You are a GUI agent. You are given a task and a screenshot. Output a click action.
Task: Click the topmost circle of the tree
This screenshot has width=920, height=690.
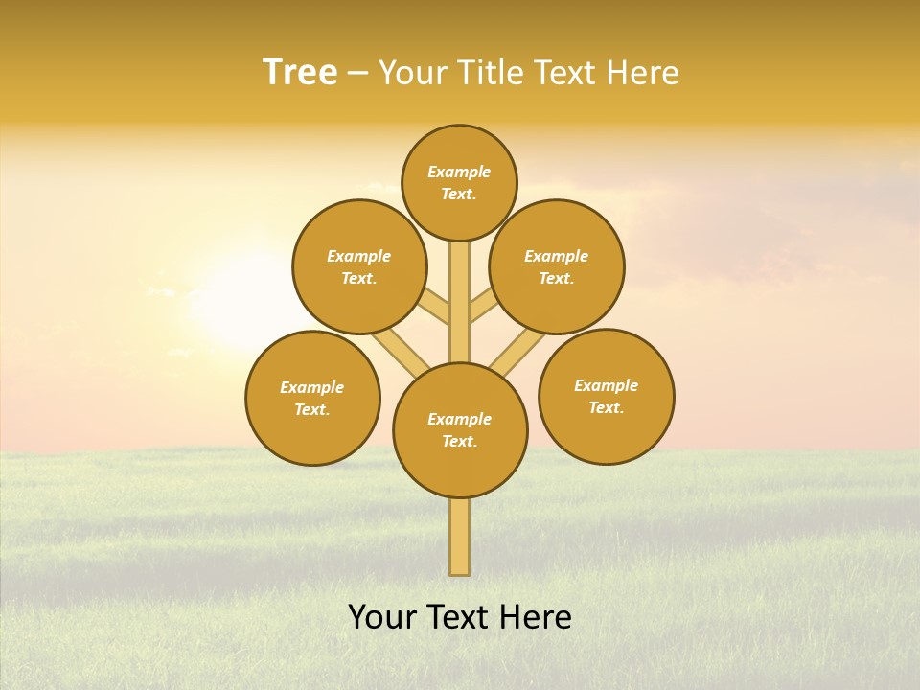pyautogui.click(x=459, y=182)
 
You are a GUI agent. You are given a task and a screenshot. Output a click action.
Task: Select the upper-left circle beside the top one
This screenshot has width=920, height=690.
pyautogui.click(x=358, y=266)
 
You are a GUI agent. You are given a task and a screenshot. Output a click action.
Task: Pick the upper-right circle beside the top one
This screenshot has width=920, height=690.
pyautogui.click(x=557, y=266)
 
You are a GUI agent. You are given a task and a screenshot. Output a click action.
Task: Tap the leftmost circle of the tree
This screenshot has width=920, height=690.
pyautogui.click(x=312, y=398)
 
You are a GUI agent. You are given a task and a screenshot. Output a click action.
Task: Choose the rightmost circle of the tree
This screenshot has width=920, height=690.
pyautogui.click(x=606, y=396)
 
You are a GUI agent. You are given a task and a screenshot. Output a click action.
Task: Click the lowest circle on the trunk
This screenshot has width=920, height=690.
pyautogui.click(x=460, y=430)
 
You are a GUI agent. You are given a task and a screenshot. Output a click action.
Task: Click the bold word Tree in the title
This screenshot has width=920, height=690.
pyautogui.click(x=300, y=72)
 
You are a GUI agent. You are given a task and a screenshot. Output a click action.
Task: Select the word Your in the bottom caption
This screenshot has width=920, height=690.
pyautogui.click(x=382, y=616)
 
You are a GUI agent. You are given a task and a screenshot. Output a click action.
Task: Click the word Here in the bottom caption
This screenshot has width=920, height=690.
pyautogui.click(x=535, y=616)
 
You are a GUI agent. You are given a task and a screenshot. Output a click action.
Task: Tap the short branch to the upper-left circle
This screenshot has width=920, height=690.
pyautogui.click(x=434, y=310)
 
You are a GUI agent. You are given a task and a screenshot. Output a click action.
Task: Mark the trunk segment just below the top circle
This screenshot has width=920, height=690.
pyautogui.click(x=460, y=287)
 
